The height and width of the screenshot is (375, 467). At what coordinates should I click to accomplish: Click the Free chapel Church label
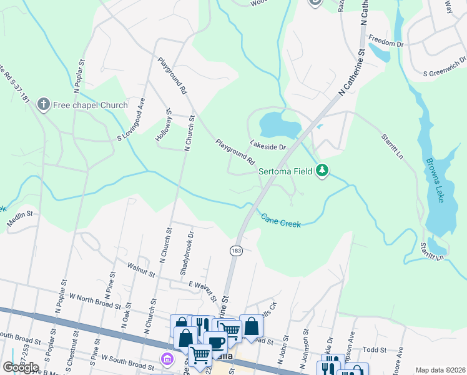click(90, 104)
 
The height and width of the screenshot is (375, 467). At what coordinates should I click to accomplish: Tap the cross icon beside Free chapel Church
click(44, 104)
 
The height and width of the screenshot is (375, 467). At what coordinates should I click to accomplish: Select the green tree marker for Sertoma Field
click(322, 170)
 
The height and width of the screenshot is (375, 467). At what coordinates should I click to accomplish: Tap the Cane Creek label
click(280, 220)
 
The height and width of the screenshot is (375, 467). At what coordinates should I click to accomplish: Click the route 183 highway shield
click(237, 250)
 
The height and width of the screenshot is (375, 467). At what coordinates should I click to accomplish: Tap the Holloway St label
click(164, 127)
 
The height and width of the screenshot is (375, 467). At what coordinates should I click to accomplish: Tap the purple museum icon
click(167, 359)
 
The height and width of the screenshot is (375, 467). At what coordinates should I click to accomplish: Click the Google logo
click(21, 367)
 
